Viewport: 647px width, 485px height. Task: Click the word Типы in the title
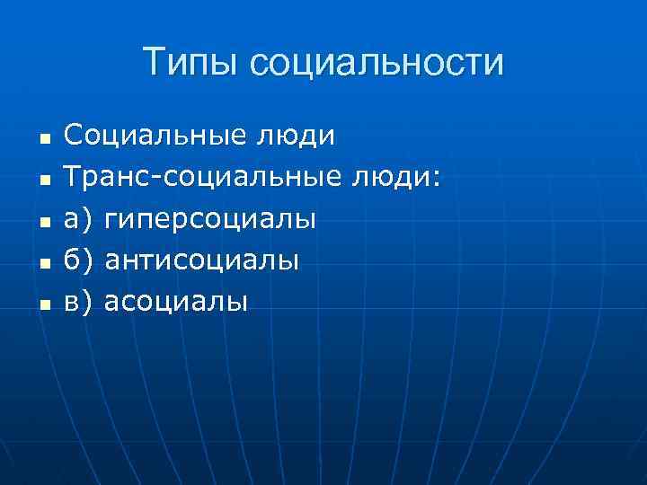click(x=191, y=64)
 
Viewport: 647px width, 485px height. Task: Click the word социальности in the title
click(x=377, y=64)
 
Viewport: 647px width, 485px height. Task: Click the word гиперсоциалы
click(x=210, y=219)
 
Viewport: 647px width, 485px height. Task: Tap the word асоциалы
click(x=176, y=302)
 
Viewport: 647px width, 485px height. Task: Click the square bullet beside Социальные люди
click(x=44, y=140)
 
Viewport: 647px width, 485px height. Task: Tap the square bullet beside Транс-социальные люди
click(x=44, y=181)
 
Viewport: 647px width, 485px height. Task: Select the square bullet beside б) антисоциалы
click(x=44, y=264)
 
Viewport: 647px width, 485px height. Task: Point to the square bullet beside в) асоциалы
click(x=44, y=305)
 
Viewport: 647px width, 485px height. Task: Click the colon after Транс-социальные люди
click(x=437, y=181)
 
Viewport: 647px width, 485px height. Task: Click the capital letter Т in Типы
click(x=154, y=62)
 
